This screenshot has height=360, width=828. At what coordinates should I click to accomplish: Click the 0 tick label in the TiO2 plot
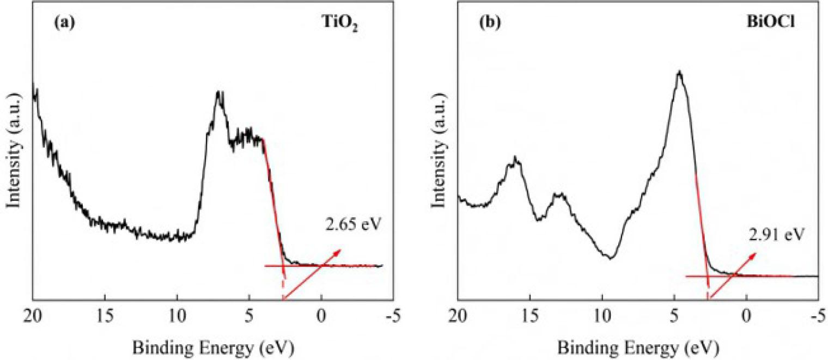(x=321, y=315)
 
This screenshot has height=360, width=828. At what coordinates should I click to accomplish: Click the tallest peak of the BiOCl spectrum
(x=679, y=72)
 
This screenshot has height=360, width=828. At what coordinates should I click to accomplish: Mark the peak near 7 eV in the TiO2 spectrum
(x=220, y=94)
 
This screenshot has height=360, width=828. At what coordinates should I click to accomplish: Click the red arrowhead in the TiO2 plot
(x=339, y=251)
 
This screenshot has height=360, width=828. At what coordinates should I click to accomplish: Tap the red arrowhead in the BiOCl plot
(x=753, y=255)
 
